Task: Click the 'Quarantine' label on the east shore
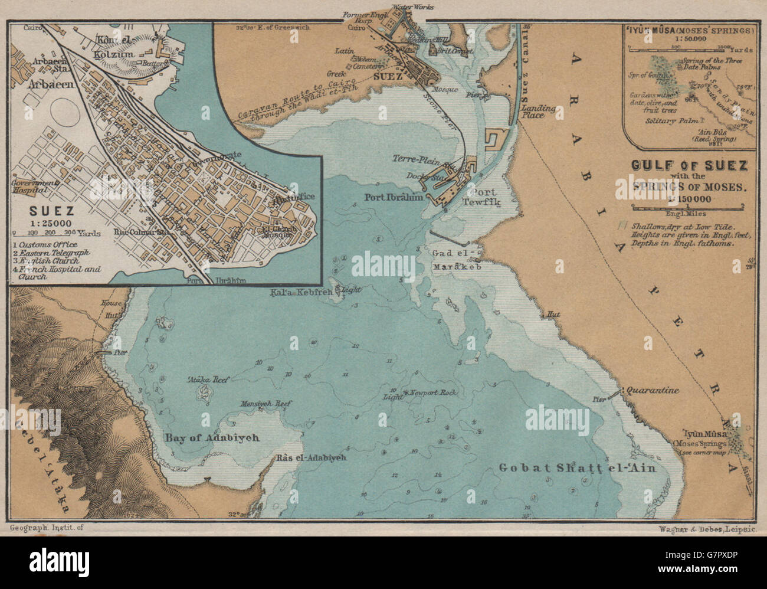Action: [653, 391]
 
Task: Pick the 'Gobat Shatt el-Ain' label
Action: [578, 468]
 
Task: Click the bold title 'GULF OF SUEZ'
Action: [689, 166]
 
